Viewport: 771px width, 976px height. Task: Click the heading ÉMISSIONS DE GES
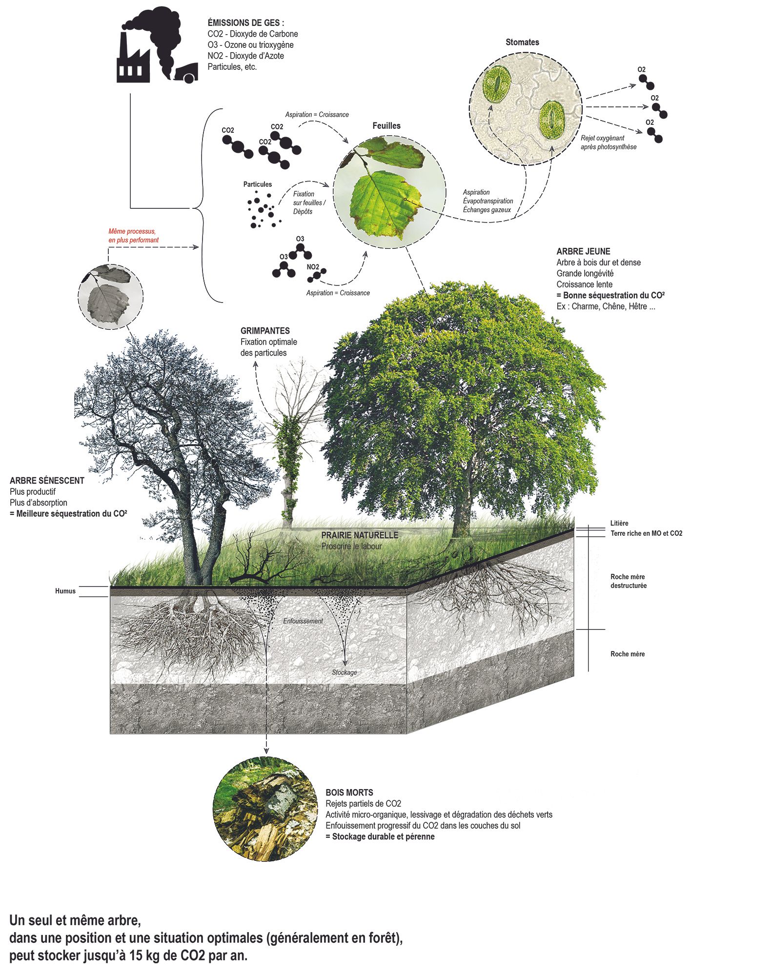(x=245, y=22)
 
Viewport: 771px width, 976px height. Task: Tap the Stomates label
(x=522, y=42)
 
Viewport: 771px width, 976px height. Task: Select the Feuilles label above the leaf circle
(x=386, y=125)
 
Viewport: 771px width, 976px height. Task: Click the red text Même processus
(x=132, y=231)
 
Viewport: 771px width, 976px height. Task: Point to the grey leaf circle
(x=111, y=296)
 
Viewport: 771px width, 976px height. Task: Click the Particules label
(x=258, y=184)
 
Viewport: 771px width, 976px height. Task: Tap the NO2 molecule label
(x=313, y=267)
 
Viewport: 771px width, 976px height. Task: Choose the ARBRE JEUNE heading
(x=583, y=251)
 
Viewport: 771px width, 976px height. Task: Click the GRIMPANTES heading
(x=265, y=330)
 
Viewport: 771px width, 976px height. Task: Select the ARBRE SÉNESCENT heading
(x=47, y=480)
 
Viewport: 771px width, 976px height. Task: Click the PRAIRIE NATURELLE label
(x=360, y=535)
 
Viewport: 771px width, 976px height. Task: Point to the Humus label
(x=65, y=591)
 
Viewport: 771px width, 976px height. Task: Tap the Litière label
(x=619, y=523)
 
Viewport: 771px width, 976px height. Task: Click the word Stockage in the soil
(x=345, y=672)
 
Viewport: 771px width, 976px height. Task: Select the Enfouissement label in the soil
(x=303, y=621)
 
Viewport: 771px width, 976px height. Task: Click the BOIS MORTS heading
(x=349, y=793)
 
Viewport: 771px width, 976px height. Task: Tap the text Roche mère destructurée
(x=629, y=581)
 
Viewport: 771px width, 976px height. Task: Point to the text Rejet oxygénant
(x=602, y=138)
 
